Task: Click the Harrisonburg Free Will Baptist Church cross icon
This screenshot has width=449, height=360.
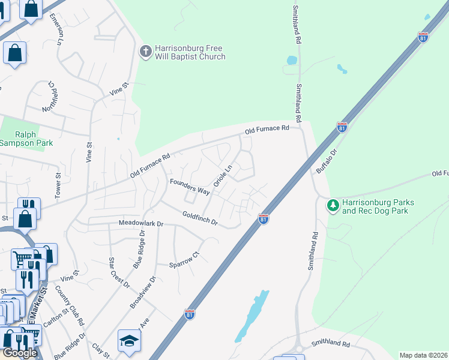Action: pyautogui.click(x=145, y=52)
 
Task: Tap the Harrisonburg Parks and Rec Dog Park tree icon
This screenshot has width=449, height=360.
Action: pyautogui.click(x=333, y=206)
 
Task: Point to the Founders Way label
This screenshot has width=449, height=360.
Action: pyautogui.click(x=189, y=187)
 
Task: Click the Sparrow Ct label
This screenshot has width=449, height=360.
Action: pyautogui.click(x=184, y=262)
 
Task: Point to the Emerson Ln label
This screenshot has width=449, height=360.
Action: pyautogui.click(x=59, y=29)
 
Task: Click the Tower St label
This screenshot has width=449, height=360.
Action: pyautogui.click(x=58, y=187)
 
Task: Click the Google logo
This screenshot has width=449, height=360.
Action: pyautogui.click(x=20, y=353)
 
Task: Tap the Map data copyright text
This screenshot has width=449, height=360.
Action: pyautogui.click(x=424, y=355)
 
